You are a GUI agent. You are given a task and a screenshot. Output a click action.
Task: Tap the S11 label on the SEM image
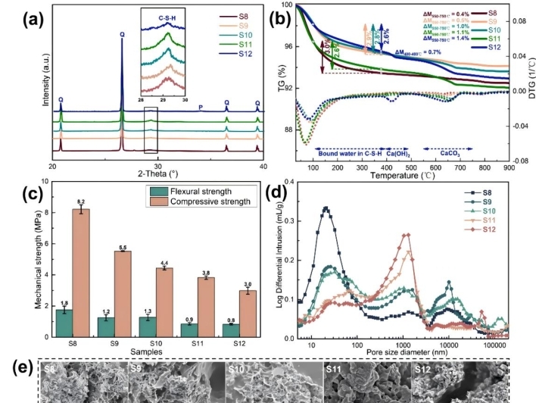[x=334, y=370]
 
